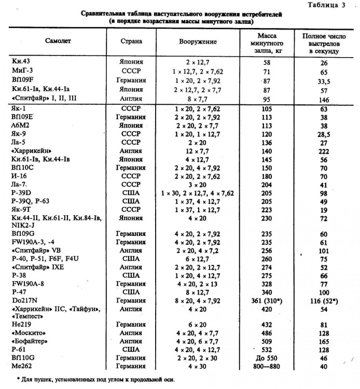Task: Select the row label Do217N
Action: [24, 301]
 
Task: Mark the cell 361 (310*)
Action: [262, 301]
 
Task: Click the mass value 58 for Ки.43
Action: [262, 62]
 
